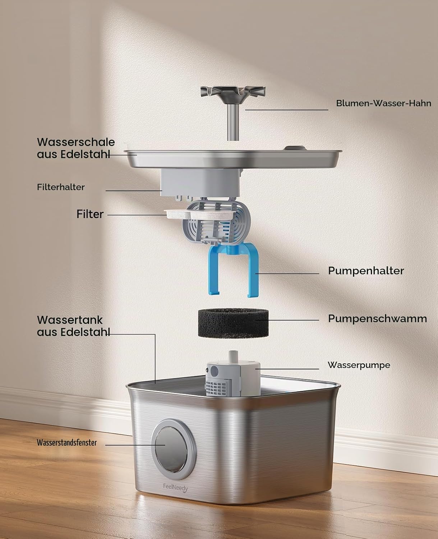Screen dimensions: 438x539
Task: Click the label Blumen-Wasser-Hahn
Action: [x=383, y=103]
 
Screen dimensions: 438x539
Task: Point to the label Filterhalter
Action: [x=61, y=187]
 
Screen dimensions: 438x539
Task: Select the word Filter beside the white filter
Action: [x=90, y=214]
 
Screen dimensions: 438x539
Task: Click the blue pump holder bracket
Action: [x=233, y=269]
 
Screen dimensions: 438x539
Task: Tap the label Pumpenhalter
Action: [x=366, y=271]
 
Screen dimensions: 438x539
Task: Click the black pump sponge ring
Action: [x=233, y=323]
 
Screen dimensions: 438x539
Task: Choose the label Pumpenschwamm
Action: [x=377, y=319]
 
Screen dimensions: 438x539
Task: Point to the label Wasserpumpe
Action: [x=359, y=365]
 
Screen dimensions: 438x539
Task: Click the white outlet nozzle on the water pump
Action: [x=233, y=355]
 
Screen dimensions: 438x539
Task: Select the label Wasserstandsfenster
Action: [x=67, y=443]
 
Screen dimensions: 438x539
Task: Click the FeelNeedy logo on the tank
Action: [x=175, y=487]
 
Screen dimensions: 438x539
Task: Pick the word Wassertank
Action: [x=70, y=320]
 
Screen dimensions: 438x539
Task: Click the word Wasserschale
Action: [x=76, y=142]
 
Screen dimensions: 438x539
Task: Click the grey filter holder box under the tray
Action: [x=200, y=183]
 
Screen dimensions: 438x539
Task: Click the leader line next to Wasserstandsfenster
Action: [x=135, y=445]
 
